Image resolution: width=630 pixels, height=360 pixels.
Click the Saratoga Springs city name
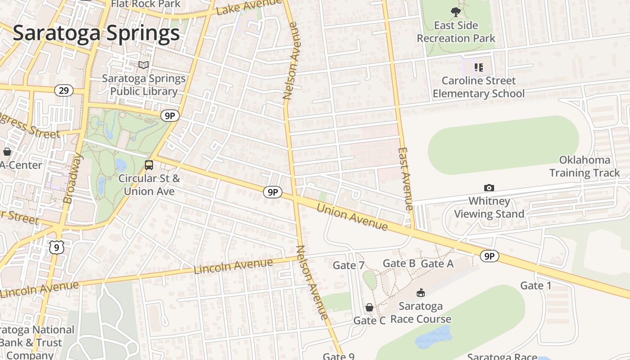coord(96,33)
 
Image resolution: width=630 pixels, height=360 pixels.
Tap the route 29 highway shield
coord(64,90)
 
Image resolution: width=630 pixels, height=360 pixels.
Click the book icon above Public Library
coord(144,65)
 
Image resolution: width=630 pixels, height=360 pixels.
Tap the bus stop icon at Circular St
coord(149,165)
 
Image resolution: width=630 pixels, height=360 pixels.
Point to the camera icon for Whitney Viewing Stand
coord(489,188)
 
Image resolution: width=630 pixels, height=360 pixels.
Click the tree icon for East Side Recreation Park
coord(455,12)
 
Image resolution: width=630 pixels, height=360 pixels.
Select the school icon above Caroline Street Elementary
coord(478,67)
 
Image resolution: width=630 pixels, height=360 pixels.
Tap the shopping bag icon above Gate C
coord(369,307)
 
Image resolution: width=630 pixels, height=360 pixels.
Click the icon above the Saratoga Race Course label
coord(421,293)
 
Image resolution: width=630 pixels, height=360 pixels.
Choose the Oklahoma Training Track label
coord(584,166)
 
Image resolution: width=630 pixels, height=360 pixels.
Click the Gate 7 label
coord(348,265)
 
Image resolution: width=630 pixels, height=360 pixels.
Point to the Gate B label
coord(399,263)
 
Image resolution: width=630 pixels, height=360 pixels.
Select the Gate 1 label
coord(535,285)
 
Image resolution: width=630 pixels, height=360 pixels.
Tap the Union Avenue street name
coord(352,216)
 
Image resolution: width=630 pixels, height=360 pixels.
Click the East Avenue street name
coord(405,179)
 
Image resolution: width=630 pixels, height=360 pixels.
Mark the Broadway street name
coord(73,178)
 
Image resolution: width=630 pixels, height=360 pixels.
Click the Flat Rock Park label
coord(146,4)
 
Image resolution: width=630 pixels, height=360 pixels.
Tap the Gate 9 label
coord(338,356)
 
